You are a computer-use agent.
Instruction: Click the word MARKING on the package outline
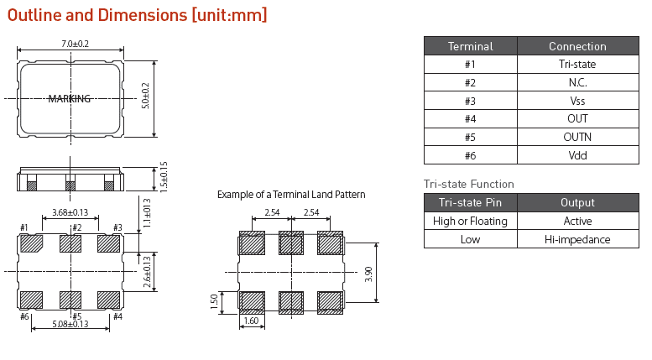coord(70,99)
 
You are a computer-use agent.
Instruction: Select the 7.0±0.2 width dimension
coord(76,44)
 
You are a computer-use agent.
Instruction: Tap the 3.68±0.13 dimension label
coord(70,213)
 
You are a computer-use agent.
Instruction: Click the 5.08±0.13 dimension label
coord(70,324)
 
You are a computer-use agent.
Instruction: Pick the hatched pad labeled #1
coord(32,243)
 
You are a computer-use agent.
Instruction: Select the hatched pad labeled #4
coord(109,300)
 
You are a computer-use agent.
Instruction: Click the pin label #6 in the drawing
coord(24,316)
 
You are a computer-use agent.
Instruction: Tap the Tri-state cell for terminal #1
coord(577,65)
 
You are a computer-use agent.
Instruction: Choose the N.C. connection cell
coord(577,83)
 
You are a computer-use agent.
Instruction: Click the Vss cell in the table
coord(577,101)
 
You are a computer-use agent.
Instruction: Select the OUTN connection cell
coord(577,137)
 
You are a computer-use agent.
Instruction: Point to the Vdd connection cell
coord(577,155)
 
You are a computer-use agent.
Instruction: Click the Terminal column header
coord(470,46)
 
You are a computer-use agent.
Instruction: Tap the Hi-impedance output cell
coord(577,239)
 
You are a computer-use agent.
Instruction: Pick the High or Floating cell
coord(470,222)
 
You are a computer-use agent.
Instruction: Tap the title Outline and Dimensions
coord(138,15)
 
